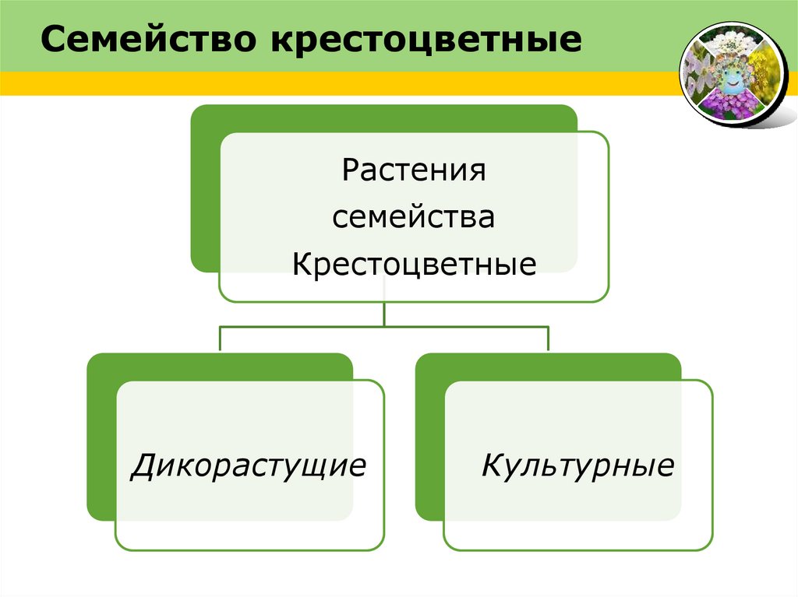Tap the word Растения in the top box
coord(414,169)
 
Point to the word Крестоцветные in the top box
coord(414,265)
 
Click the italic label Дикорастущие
coord(249,465)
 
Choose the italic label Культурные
coord(577,465)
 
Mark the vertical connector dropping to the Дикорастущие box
coord(220,339)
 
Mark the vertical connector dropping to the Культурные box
coord(549,339)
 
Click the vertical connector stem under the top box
coord(384,313)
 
